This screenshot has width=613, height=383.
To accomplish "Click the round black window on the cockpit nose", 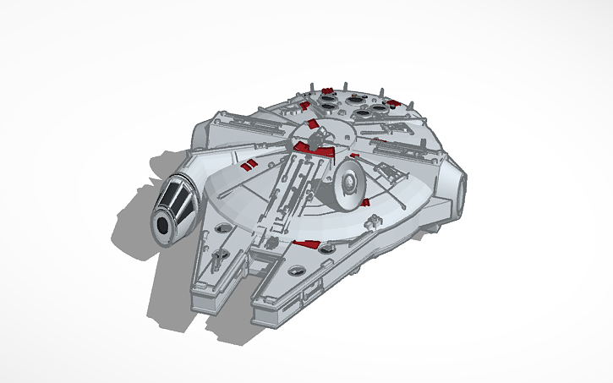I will [161, 225].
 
